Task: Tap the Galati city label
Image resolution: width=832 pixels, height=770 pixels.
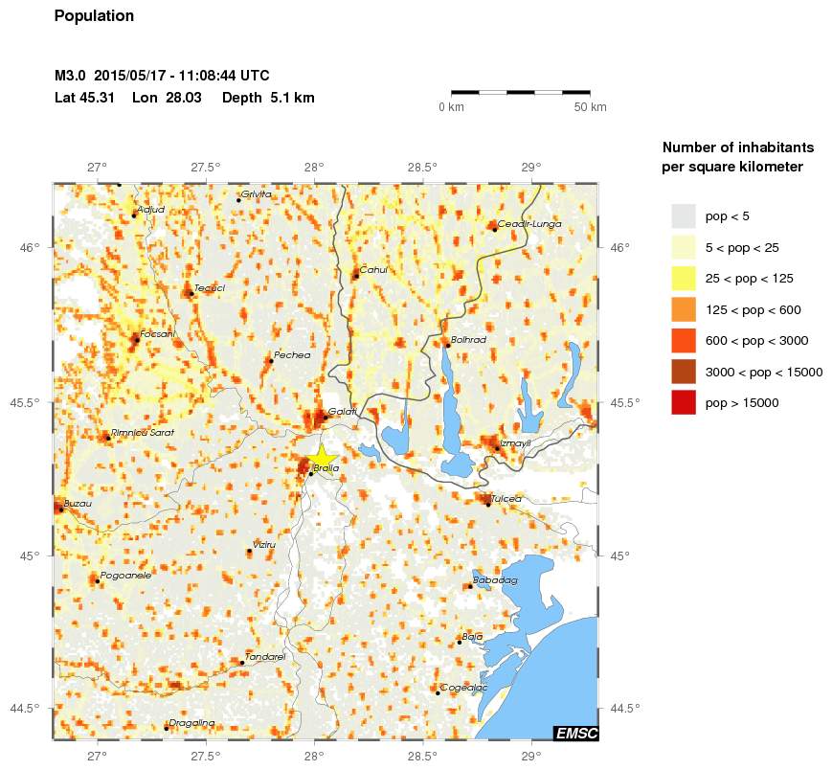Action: click(x=342, y=412)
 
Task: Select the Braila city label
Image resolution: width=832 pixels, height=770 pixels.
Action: click(x=326, y=468)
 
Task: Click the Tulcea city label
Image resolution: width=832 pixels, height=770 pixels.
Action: click(x=505, y=499)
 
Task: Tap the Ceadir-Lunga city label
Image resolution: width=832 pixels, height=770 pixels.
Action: click(x=529, y=224)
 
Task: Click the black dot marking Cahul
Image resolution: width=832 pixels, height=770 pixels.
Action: click(x=355, y=276)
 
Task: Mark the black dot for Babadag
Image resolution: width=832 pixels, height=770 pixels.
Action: click(x=469, y=586)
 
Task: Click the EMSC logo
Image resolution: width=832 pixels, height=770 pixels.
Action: click(x=576, y=734)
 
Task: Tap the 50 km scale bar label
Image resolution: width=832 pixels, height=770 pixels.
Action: click(x=590, y=107)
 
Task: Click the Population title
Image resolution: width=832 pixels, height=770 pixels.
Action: click(x=94, y=16)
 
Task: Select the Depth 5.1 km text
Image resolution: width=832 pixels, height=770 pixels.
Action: click(x=268, y=98)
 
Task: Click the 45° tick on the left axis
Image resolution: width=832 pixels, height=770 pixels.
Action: click(x=31, y=556)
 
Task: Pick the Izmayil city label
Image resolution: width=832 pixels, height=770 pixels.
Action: click(x=515, y=443)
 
